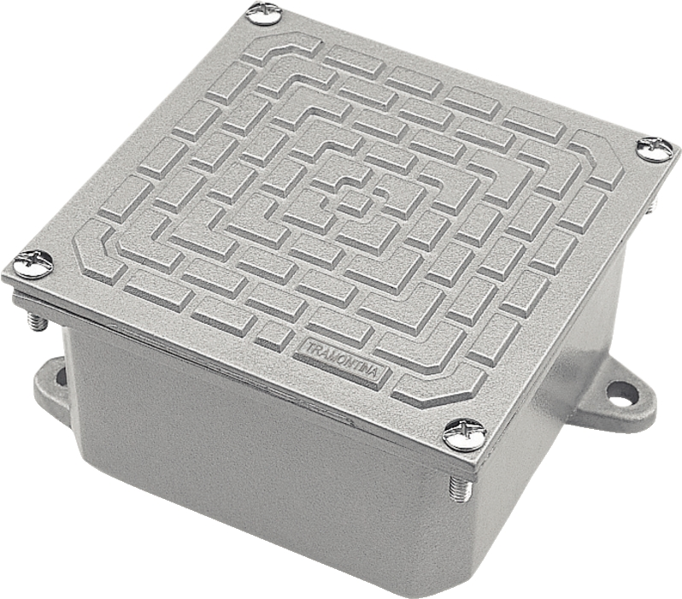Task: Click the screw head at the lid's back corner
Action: [x=264, y=13]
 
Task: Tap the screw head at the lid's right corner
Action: [x=656, y=150]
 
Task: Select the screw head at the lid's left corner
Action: [x=33, y=265]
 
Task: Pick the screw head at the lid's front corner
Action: [x=464, y=435]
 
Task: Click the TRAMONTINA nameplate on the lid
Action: [x=342, y=359]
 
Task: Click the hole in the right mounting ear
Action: [x=618, y=393]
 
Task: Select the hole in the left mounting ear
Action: [x=61, y=376]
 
